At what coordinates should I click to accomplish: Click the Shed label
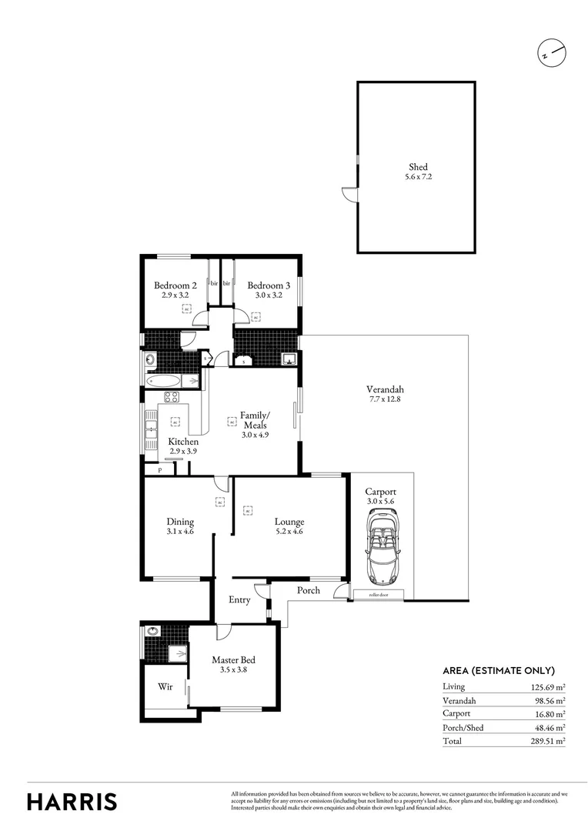pyautogui.click(x=418, y=167)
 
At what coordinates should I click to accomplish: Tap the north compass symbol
pyautogui.click(x=552, y=54)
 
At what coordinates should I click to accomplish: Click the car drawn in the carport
pyautogui.click(x=383, y=549)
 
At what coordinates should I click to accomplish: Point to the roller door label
pyautogui.click(x=378, y=596)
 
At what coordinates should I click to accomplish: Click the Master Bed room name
pyautogui.click(x=233, y=659)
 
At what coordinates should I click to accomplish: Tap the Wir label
pyautogui.click(x=165, y=686)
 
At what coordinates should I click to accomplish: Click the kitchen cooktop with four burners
pyautogui.click(x=171, y=398)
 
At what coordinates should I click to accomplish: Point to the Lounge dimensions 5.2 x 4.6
pyautogui.click(x=289, y=531)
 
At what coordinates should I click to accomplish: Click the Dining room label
pyautogui.click(x=180, y=522)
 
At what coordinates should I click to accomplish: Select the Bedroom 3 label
pyautogui.click(x=269, y=285)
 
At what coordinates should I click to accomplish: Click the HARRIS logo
pyautogui.click(x=72, y=801)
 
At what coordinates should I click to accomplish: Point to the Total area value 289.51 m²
pyautogui.click(x=550, y=740)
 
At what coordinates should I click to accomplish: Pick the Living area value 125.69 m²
pyautogui.click(x=550, y=686)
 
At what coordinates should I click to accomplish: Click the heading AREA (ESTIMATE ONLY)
pyautogui.click(x=498, y=670)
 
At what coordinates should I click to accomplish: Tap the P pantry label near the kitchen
pyautogui.click(x=159, y=469)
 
